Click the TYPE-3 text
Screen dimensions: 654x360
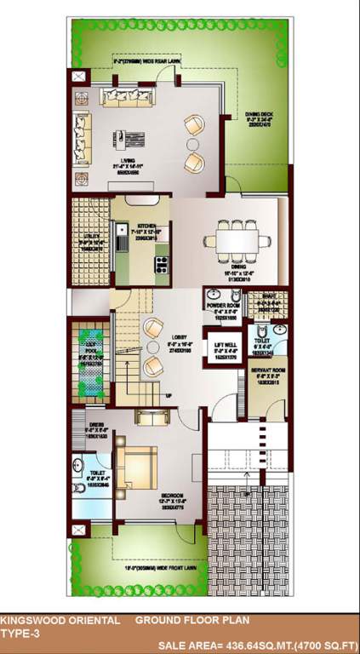click(x=20, y=634)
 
